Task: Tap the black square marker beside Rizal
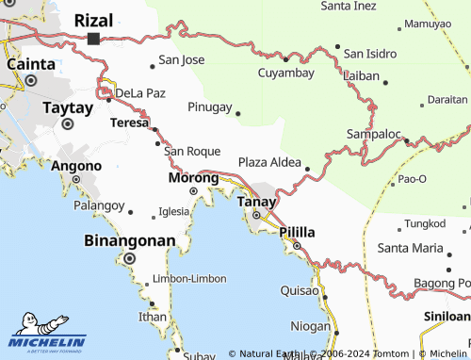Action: [x=93, y=39]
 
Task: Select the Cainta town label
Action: [x=31, y=63]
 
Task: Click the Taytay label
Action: [x=68, y=107]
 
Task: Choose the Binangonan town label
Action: [x=130, y=240]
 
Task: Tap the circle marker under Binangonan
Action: [x=130, y=258]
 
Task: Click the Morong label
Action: [x=193, y=177]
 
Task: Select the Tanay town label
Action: [x=256, y=202]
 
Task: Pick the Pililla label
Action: [x=297, y=231]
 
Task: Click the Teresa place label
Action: [x=129, y=123]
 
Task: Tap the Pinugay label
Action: [x=209, y=106]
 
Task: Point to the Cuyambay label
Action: [x=286, y=73]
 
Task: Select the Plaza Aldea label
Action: [x=269, y=162]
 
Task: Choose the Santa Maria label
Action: [x=409, y=248]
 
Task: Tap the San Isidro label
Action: [x=374, y=54]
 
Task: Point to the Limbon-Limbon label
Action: [x=187, y=279]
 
